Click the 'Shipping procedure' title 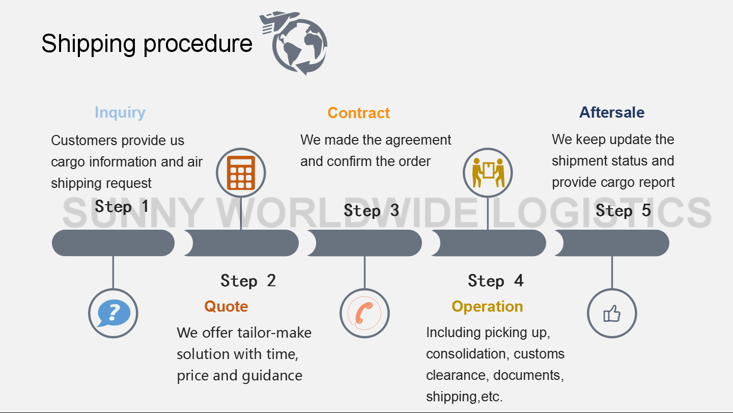coord(147,44)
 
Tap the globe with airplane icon coord(294,43)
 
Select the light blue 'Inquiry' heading coord(120,113)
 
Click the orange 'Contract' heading coord(359,113)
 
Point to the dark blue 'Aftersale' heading coord(612,112)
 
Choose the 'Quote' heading coord(226,307)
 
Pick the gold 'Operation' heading coord(487,307)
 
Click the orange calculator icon coord(241,173)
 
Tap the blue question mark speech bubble coord(114,313)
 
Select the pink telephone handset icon coord(364,313)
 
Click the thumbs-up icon coord(612,314)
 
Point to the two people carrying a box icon coord(488,173)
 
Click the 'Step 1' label coord(122,207)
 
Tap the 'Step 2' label coord(248,281)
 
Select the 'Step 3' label coord(372,210)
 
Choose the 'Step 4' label coord(496,281)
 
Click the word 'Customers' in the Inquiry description coord(84,141)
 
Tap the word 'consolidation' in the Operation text coord(468,354)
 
